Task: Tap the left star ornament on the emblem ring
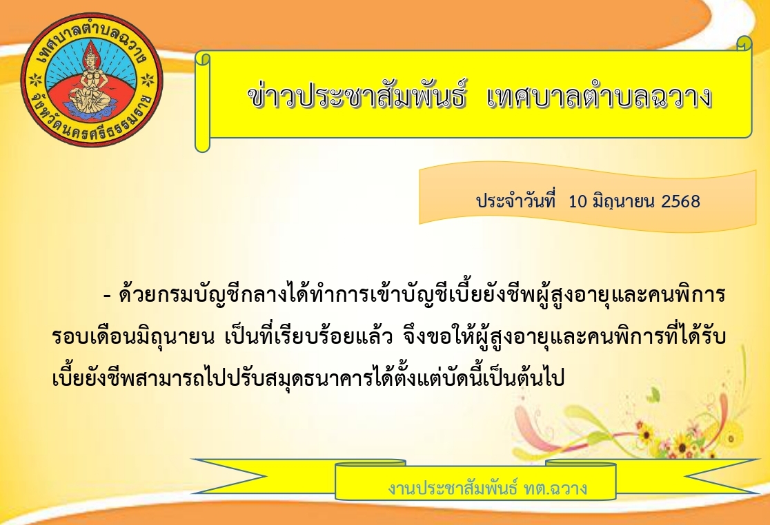point(35,79)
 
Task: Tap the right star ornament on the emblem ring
point(148,79)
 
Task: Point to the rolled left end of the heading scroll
point(203,101)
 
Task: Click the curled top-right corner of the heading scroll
point(744,43)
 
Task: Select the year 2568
point(680,201)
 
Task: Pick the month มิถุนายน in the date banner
point(624,201)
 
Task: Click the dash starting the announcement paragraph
point(108,296)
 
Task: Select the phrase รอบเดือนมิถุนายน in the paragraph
point(133,338)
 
